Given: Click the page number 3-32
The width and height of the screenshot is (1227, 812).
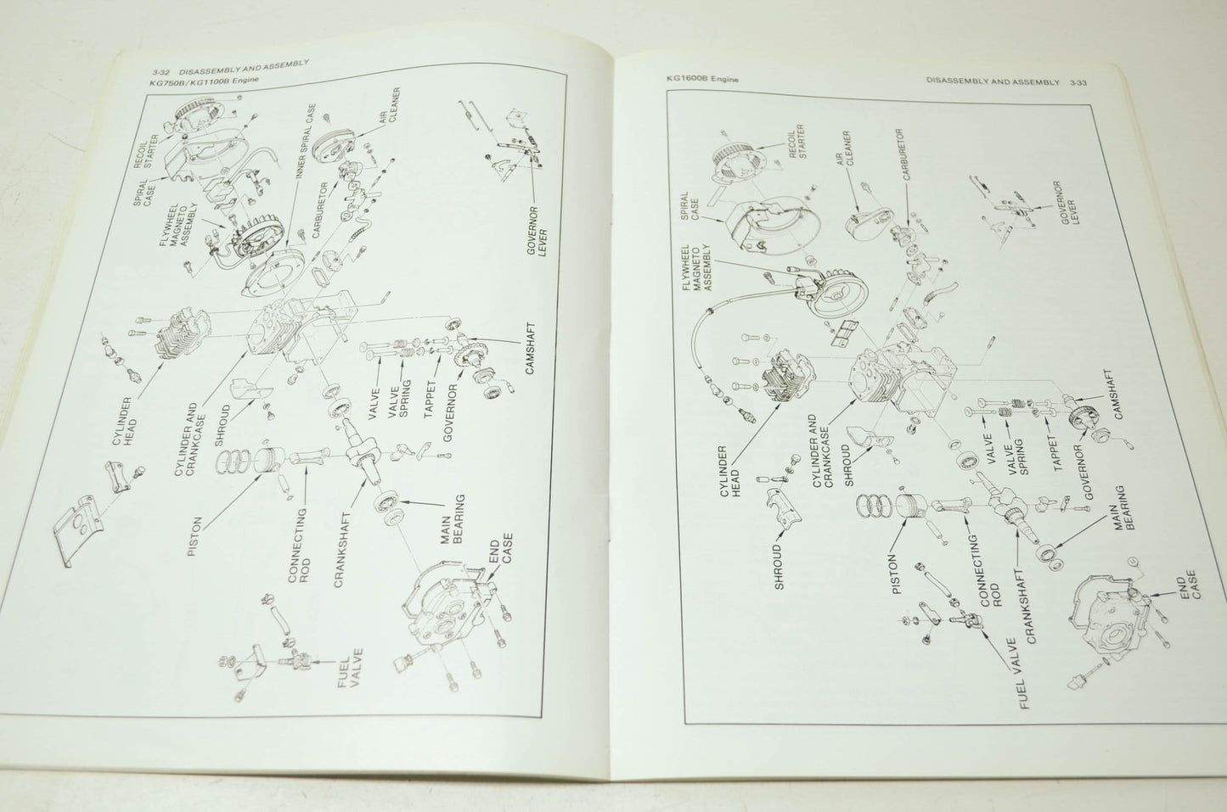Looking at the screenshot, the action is click(x=162, y=72).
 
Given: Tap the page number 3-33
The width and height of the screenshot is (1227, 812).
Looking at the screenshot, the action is click(x=1078, y=82).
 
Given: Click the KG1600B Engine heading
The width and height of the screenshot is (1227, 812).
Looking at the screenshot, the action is click(x=702, y=79).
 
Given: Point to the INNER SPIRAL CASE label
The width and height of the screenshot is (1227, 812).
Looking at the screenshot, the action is click(x=305, y=141).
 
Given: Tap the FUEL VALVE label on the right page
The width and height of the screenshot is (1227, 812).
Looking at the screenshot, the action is click(x=1019, y=674).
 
